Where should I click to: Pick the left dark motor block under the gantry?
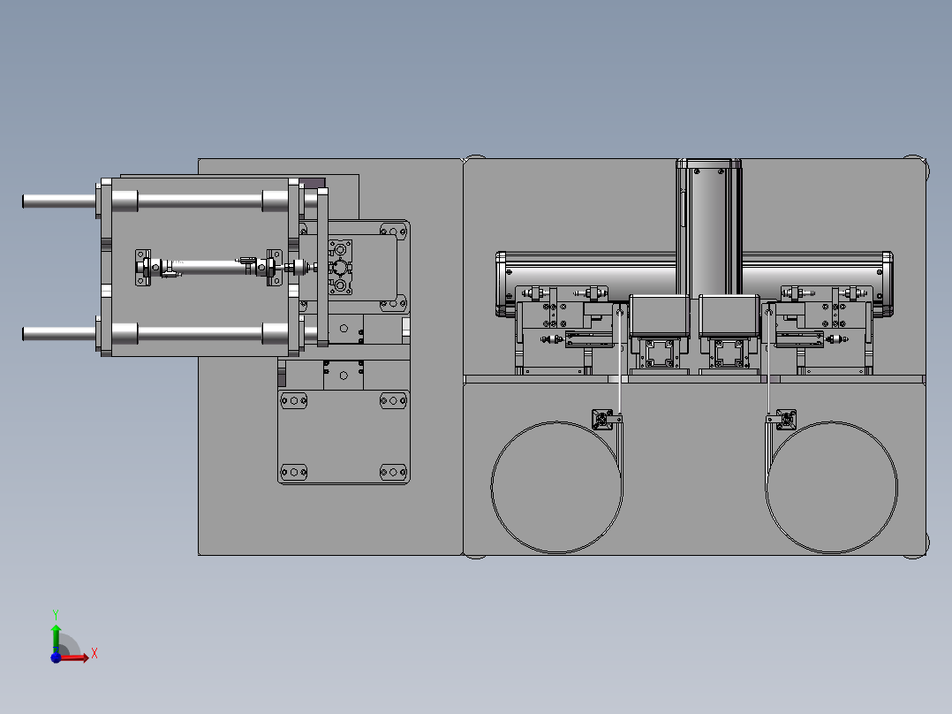click(660, 316)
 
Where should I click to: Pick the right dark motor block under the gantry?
click(729, 316)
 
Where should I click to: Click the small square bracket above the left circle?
click(603, 419)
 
